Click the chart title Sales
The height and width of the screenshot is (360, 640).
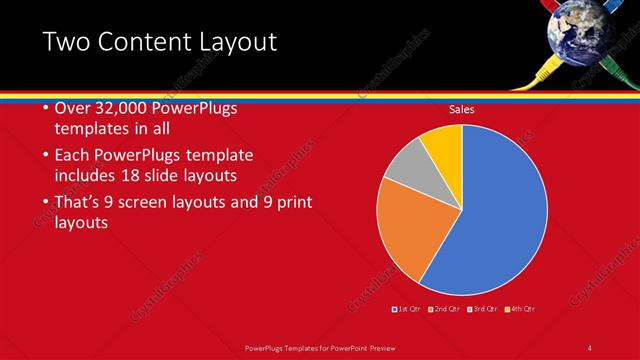coord(461,109)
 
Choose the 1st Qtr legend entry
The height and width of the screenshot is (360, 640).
coord(406,308)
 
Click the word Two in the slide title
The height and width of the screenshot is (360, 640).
coord(70,42)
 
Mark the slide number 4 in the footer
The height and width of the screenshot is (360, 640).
coord(589,348)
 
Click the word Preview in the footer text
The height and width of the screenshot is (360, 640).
coord(377,348)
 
